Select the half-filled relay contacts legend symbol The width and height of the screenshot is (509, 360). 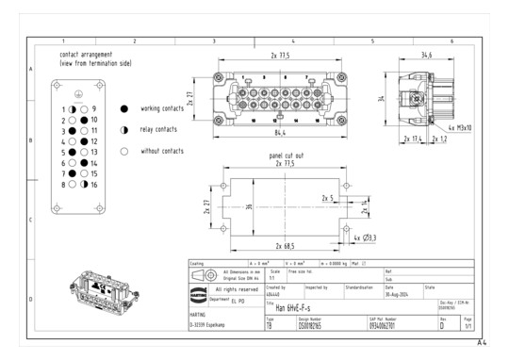tap(123, 129)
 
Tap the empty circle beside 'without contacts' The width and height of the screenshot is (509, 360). tap(123, 151)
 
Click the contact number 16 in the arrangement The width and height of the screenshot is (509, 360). tap(94, 185)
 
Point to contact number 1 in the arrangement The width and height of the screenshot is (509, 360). tap(63, 110)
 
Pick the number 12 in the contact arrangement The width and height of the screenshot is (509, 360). tap(94, 141)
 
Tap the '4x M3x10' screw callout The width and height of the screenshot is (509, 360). tap(461, 126)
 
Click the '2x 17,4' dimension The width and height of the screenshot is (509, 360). tap(413, 139)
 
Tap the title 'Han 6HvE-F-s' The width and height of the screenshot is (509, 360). tap(288, 307)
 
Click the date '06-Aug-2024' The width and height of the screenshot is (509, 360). tap(396, 293)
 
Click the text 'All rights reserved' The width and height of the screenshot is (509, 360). tap(237, 289)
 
